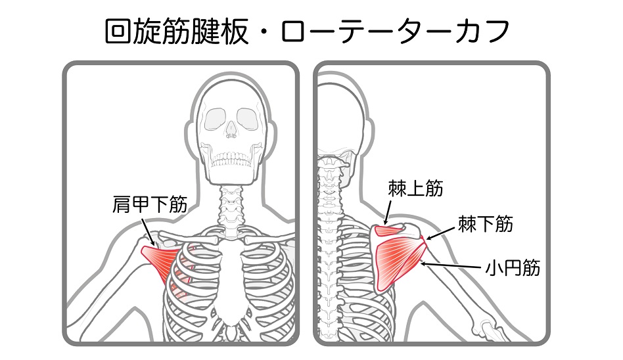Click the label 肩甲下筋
tap(150, 205)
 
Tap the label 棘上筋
tap(415, 188)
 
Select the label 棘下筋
tap(486, 224)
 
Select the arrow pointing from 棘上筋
tap(387, 213)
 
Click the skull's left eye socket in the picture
tap(215, 120)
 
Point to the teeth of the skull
tap(231, 159)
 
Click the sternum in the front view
tap(231, 278)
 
